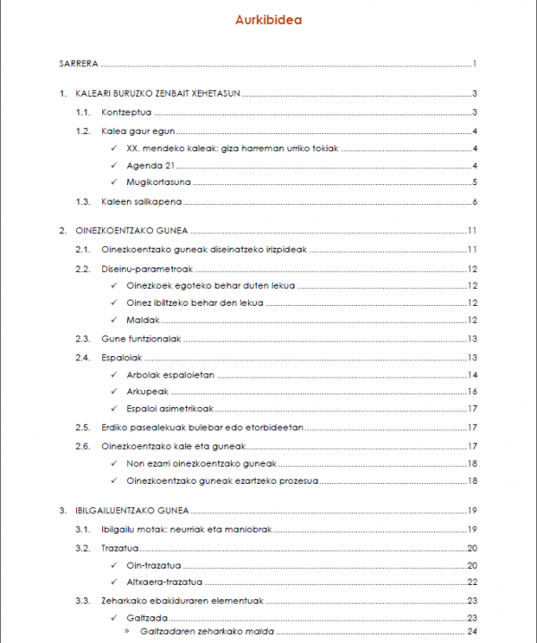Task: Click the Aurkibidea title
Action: tap(268, 21)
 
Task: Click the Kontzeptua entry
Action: tap(126, 112)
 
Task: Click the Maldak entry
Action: tap(142, 320)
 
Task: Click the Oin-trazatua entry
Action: tap(155, 565)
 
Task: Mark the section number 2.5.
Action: tap(83, 427)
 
